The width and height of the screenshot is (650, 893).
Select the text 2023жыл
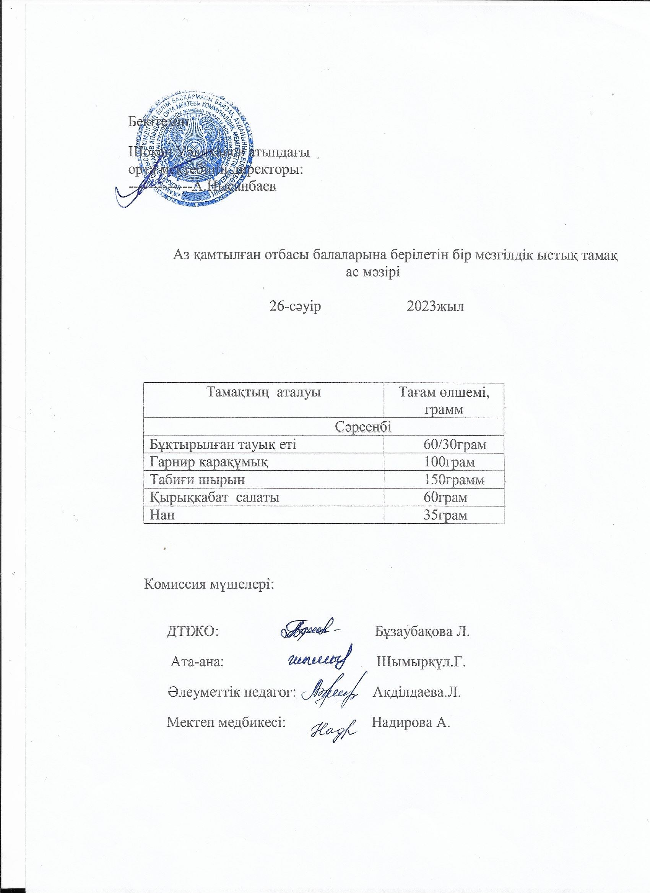pos(435,306)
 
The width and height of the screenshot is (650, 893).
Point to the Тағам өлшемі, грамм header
pos(444,400)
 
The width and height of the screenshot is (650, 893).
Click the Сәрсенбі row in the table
pos(324,426)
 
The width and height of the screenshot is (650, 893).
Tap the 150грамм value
pos(454,480)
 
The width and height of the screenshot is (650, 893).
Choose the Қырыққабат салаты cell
pos(215,497)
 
